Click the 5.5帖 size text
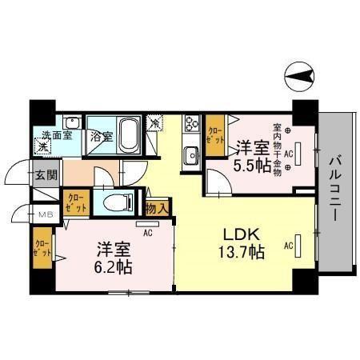(x=249, y=166)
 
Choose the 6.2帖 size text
(x=114, y=266)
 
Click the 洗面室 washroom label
(x=57, y=135)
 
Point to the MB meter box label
(x=46, y=214)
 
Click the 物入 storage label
(x=158, y=208)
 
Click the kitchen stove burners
(x=193, y=125)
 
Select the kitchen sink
(x=191, y=154)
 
